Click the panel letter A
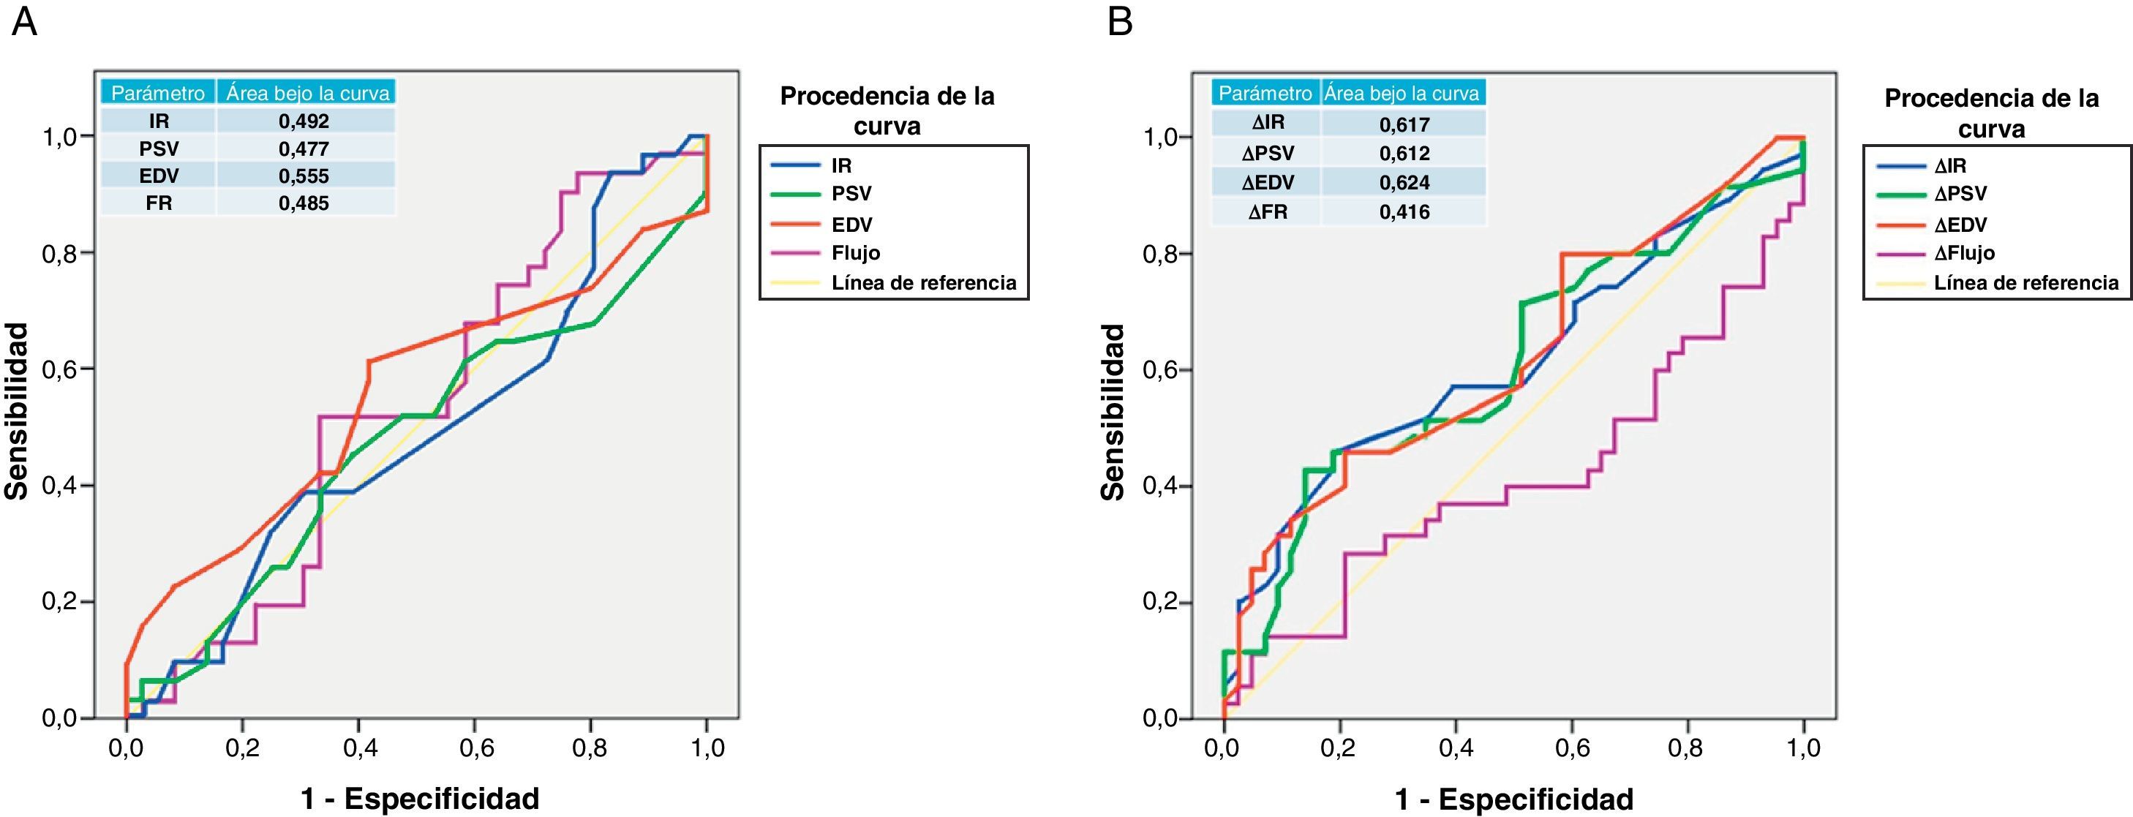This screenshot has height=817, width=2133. point(24,23)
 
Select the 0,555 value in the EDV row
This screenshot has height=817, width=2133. point(304,176)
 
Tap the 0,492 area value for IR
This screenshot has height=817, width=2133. point(304,121)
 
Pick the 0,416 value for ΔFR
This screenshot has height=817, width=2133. point(1404,212)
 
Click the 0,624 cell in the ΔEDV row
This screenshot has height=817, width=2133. point(1404,182)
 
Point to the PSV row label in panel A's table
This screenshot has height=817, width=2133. point(159,148)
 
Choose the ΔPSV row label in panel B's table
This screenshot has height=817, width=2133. point(1268,153)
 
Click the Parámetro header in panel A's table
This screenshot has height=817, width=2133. point(158,93)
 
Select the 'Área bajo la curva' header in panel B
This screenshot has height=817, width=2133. point(1402,94)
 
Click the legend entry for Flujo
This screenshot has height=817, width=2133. point(855,253)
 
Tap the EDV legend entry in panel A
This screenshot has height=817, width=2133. point(851,225)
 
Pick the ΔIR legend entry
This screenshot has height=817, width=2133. point(1950,165)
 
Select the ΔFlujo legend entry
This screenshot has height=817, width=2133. point(1964,253)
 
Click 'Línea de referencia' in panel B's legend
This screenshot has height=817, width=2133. point(2025,283)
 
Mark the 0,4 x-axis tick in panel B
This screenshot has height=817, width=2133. point(1455,748)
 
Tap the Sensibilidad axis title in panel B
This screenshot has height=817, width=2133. point(1114,411)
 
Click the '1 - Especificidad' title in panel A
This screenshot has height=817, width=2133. point(420,799)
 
